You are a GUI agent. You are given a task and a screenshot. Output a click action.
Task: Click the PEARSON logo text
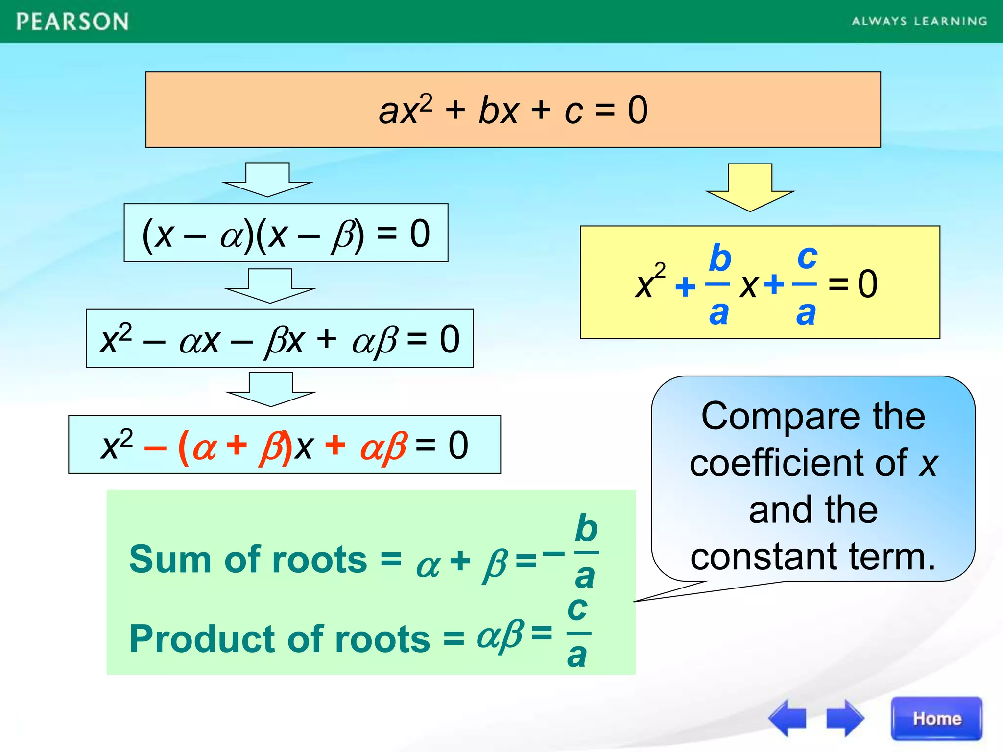(72, 22)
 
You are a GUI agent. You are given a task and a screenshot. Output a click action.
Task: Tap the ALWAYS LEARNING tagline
(919, 21)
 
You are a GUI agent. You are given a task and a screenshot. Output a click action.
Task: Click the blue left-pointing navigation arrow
(788, 718)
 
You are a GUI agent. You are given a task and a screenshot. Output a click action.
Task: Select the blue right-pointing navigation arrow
(844, 718)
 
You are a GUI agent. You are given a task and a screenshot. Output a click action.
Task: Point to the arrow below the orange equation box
(267, 180)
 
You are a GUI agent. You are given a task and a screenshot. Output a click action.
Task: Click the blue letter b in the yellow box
(720, 258)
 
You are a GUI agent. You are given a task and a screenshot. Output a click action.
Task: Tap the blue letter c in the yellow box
(807, 257)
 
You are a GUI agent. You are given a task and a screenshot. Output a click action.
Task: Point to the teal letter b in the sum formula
(586, 529)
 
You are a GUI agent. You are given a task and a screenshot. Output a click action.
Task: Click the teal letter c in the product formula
(577, 609)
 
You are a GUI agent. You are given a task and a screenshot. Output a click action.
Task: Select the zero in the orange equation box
(638, 111)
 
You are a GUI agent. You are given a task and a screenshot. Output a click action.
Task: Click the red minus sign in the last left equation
(155, 447)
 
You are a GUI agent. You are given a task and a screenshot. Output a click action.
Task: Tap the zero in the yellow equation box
(868, 284)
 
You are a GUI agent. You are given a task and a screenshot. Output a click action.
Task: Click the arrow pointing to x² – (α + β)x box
(271, 390)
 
